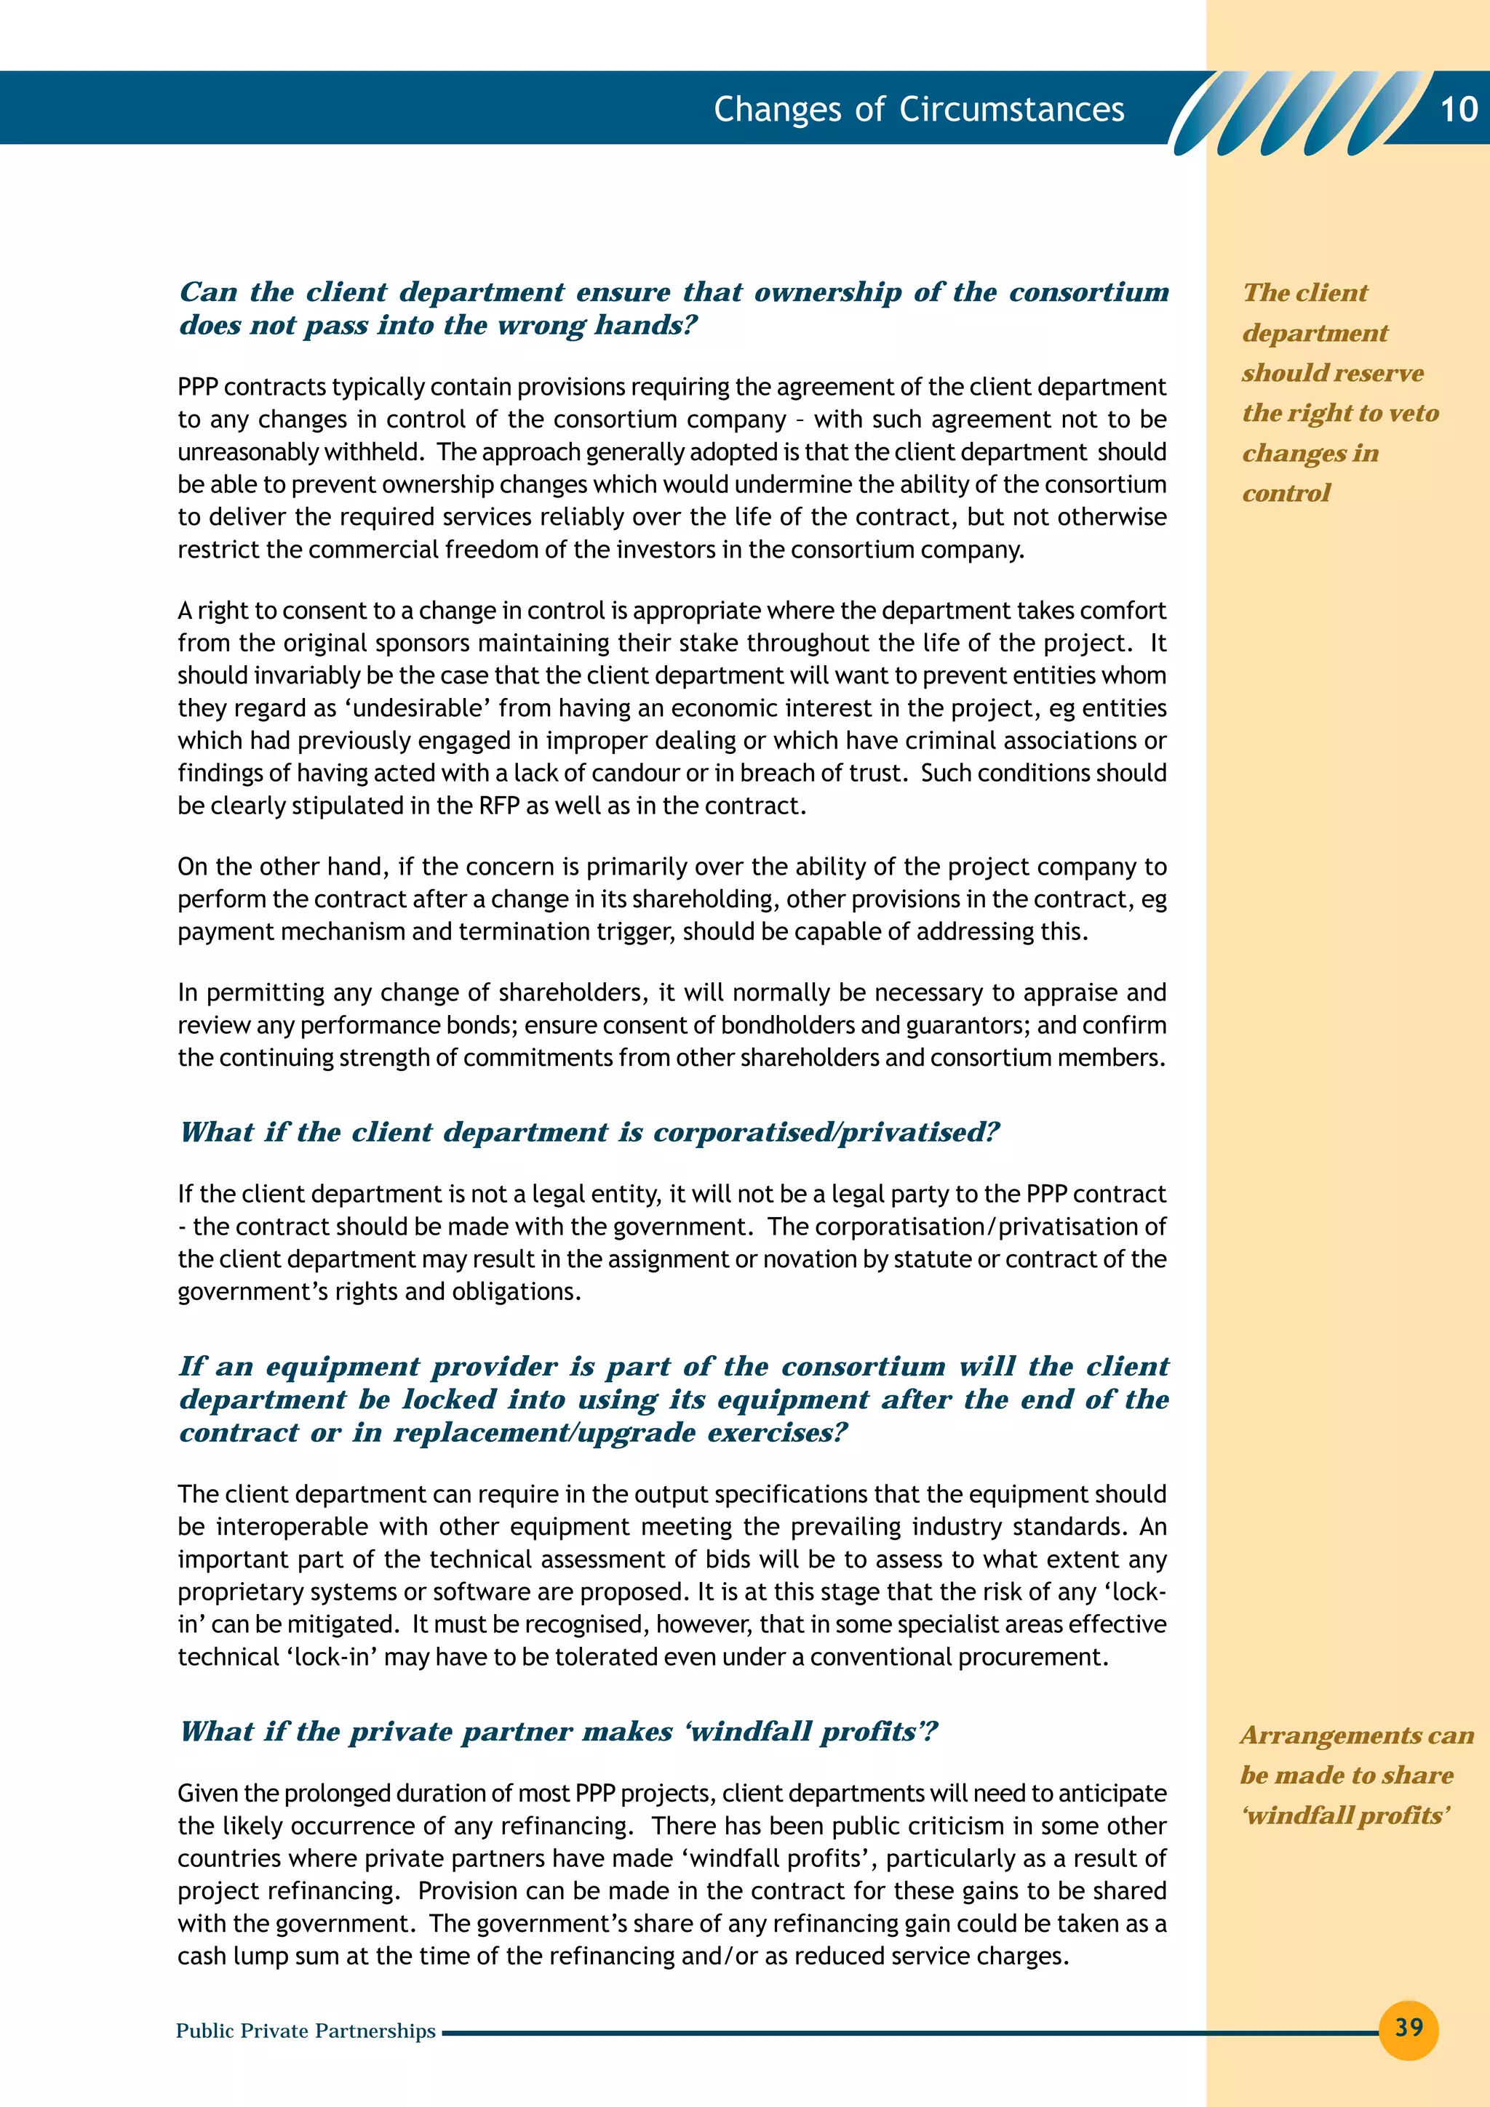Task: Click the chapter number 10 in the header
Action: [x=1458, y=110]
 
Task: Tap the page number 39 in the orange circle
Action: [x=1409, y=2027]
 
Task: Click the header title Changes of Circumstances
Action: [x=919, y=109]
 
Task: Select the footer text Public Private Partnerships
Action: [x=306, y=2031]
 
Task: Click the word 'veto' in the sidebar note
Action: [x=1414, y=413]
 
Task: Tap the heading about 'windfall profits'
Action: [x=559, y=1732]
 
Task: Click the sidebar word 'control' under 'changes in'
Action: [x=1286, y=494]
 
